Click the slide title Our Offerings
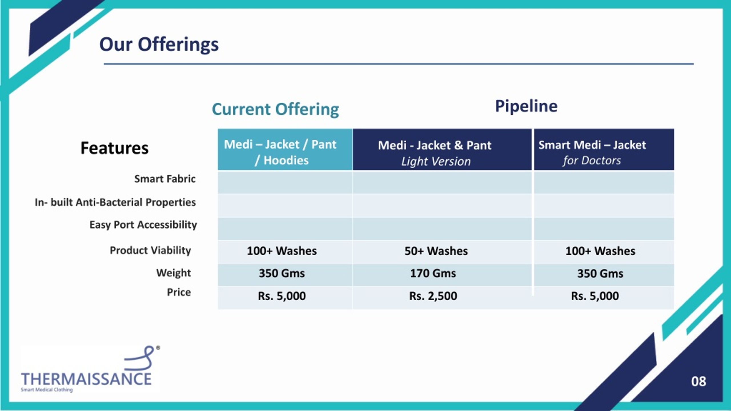pos(159,45)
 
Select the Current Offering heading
pos(275,110)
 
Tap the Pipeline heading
pos(526,106)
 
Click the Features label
pos(115,148)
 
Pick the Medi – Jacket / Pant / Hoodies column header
pos(285,150)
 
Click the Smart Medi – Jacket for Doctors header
pos(604,150)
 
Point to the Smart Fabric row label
pos(165,179)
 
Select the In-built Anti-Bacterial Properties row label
pos(115,202)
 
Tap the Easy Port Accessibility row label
pos(143,225)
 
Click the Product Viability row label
pos(150,250)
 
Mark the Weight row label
pos(173,273)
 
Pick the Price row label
pos(179,292)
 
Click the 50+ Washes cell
pos(436,251)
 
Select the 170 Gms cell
pos(433,273)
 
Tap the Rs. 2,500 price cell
pos(433,296)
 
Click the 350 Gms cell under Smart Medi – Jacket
pos(600,274)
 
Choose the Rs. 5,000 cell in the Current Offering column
pos(282,296)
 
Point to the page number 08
pos(698,381)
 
